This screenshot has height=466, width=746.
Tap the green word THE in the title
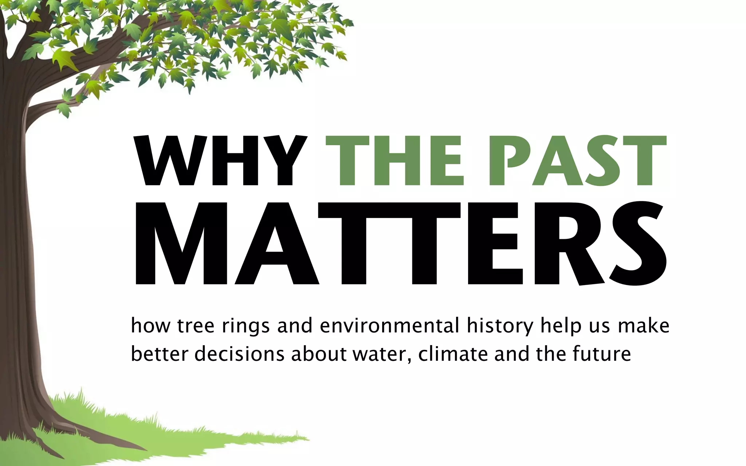tap(395, 161)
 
